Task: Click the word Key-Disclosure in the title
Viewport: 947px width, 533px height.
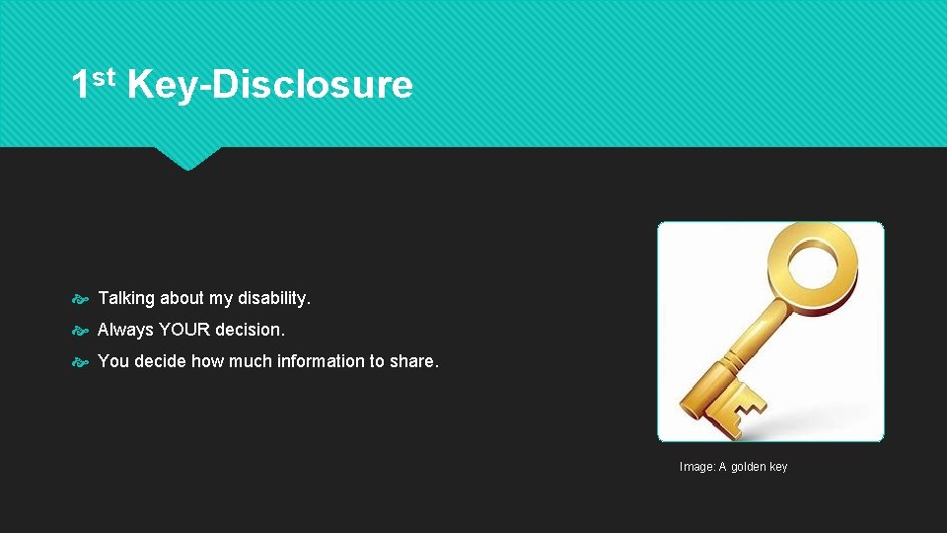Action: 269,85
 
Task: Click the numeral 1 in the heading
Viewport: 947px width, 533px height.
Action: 81,85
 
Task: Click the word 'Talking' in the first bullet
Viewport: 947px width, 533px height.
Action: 124,298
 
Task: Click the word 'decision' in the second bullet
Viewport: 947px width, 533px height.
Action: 250,330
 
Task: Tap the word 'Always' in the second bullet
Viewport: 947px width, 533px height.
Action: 125,330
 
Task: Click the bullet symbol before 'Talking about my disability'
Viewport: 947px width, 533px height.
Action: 82,299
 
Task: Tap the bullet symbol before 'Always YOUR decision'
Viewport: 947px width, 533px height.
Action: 82,331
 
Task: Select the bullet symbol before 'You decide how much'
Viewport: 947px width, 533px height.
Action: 82,362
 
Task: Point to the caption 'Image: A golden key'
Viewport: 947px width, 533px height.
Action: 733,467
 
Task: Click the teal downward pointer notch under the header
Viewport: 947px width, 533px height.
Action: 187,158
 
